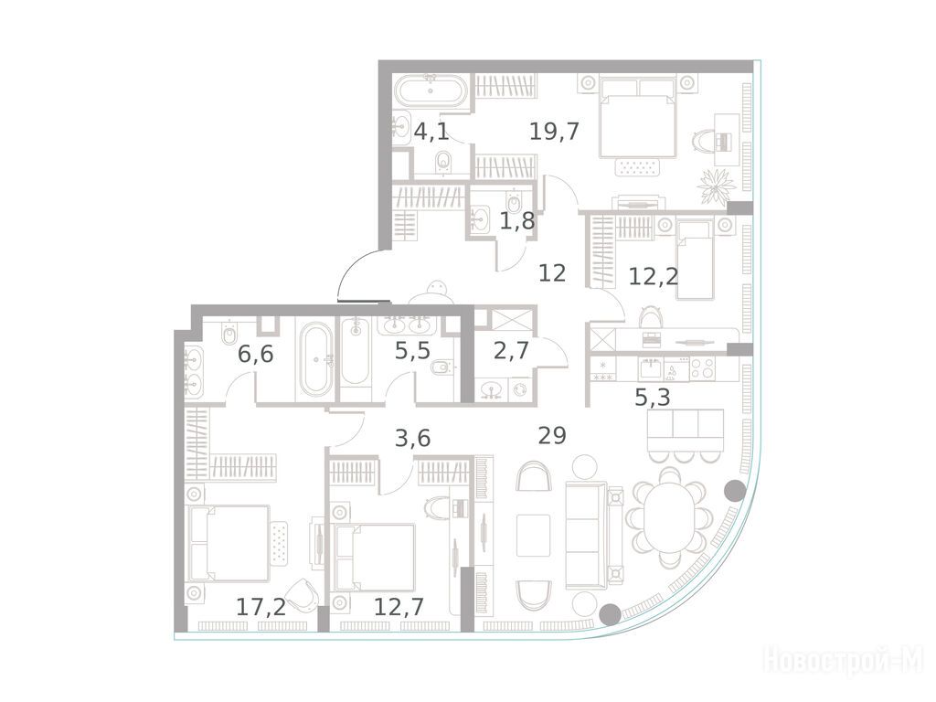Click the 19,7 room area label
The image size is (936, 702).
pos(554,131)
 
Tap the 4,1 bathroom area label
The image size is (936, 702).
pos(431,131)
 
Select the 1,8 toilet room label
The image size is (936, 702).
pos(517,221)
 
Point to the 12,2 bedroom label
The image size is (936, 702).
pos(654,276)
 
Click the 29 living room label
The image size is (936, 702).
pos(551,436)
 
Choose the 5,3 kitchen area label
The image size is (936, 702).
pos(652,397)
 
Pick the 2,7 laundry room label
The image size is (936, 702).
pos(511,350)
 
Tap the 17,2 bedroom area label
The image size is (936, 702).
pos(261,607)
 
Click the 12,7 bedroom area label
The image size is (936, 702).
pos(399,607)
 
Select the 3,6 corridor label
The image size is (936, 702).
pos(412,439)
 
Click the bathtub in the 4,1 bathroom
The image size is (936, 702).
pos(430,91)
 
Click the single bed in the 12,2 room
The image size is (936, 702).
pos(696,260)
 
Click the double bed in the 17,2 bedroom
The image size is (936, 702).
pos(228,543)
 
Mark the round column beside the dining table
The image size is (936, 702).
pos(734,491)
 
